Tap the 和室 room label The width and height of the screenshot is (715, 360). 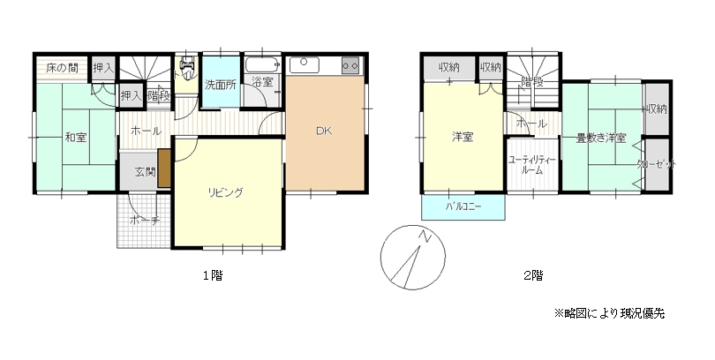(74, 137)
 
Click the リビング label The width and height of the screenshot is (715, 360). (226, 192)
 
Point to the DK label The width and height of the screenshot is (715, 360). (324, 131)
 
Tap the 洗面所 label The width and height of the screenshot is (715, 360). (220, 86)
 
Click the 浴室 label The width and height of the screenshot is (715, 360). (262, 82)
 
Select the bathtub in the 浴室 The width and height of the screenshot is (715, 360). (262, 66)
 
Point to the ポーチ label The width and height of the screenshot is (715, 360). (142, 221)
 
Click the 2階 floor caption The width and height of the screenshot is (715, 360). (533, 275)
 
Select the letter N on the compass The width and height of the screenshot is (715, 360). (425, 236)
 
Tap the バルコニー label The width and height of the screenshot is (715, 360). (463, 206)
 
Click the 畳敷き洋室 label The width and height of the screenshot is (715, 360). (601, 139)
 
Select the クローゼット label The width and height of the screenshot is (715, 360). (657, 164)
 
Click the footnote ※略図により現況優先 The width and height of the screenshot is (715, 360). (609, 313)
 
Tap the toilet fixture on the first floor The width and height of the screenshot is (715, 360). (187, 66)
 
